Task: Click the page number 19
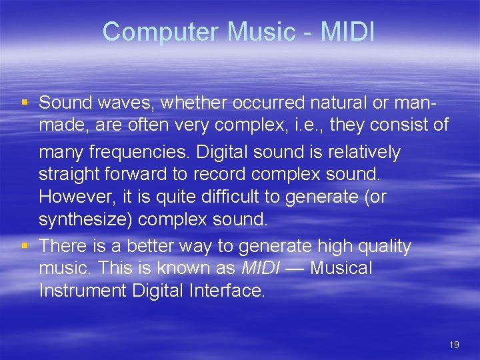pos(455,345)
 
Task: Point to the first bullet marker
pos(25,102)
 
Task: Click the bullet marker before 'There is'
pos(25,246)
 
